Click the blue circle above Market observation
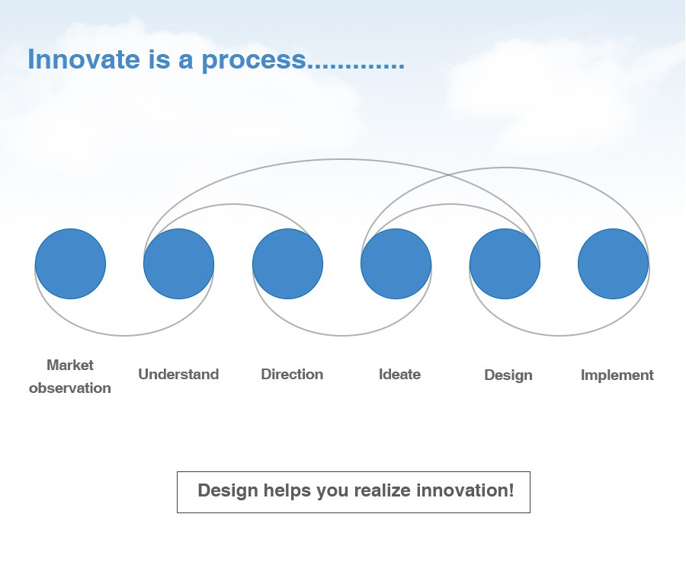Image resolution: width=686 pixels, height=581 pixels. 70,263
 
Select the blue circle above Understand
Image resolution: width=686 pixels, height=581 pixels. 179,263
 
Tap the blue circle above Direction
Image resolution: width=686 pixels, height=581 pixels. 288,263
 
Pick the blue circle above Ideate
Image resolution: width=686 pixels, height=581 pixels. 396,263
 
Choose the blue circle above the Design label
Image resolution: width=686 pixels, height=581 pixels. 505,263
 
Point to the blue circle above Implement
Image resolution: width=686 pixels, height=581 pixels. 614,263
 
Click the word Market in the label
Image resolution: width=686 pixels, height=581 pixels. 70,365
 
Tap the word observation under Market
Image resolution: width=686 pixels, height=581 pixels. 70,388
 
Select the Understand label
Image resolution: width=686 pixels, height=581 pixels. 178,374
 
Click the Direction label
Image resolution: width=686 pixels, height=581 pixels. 292,374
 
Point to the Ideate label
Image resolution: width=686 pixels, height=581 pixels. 400,374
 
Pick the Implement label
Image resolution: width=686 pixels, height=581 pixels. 617,375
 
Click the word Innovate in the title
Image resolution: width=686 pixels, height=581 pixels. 84,59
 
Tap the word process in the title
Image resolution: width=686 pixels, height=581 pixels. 254,60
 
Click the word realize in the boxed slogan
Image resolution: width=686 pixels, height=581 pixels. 383,490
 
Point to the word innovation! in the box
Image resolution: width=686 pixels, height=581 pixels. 465,490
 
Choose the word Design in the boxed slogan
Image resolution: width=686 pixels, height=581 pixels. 227,491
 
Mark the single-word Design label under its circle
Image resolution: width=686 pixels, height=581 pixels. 508,375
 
